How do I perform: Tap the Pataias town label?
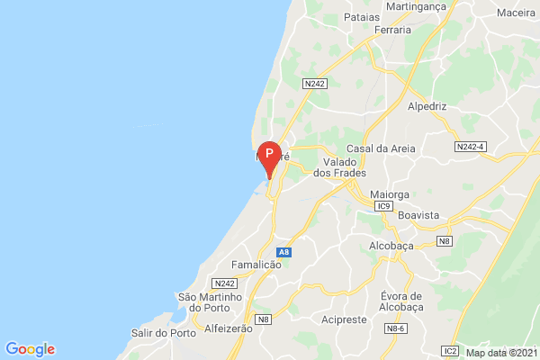coord(362,16)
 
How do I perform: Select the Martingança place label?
coord(416,6)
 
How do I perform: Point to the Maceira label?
coord(517,14)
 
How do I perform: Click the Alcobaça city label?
coord(394,244)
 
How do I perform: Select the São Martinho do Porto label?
coord(211,302)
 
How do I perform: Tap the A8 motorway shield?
coord(283,252)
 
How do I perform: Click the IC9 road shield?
coord(384,206)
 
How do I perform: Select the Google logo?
coord(30,349)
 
